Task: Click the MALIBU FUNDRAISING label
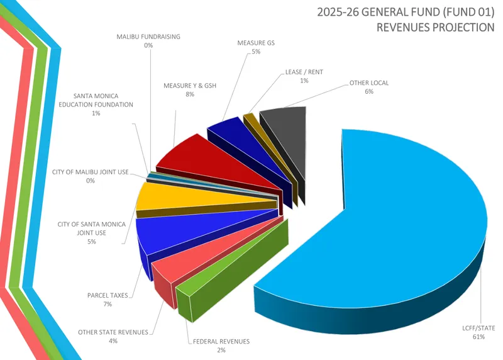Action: tap(148, 37)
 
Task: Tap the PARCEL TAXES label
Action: tap(108, 295)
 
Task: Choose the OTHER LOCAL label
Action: tap(369, 82)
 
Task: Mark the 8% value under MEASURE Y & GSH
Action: tap(189, 94)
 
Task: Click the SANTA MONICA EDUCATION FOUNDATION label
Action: tap(95, 101)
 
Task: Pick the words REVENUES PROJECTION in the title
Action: tap(435, 27)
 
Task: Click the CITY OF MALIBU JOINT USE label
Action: tap(90, 171)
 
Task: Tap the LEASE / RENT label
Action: tap(304, 72)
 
